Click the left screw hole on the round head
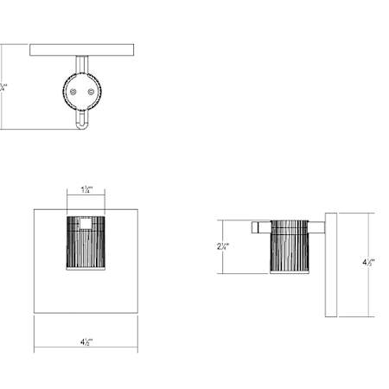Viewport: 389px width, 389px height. coord(75,90)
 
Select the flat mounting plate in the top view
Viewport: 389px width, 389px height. coord(82,50)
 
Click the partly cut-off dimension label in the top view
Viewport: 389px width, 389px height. coord(3,86)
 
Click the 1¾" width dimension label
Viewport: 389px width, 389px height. coord(86,188)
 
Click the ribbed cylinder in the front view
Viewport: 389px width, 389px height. coord(86,246)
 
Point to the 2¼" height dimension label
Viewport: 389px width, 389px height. coord(222,246)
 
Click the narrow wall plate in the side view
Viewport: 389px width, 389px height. coord(330,263)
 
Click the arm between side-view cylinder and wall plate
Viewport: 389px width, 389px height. coord(316,228)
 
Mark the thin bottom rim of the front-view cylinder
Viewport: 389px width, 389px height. coord(86,271)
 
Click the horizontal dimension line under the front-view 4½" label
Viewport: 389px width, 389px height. coord(86,350)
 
